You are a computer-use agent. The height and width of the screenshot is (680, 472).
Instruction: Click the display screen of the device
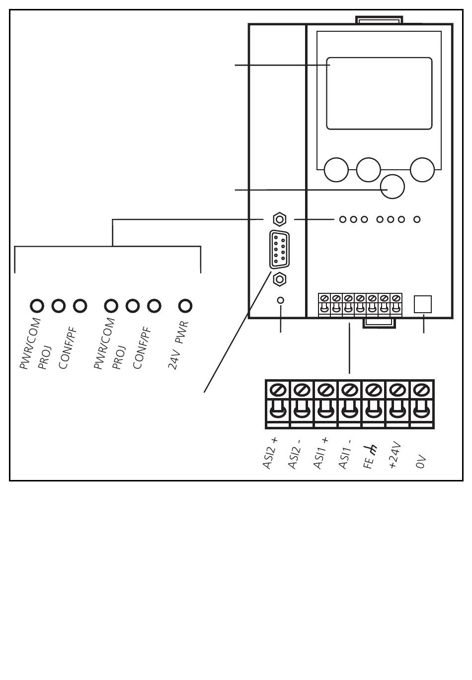click(x=379, y=93)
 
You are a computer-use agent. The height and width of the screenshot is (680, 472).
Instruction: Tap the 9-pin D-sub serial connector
click(x=279, y=250)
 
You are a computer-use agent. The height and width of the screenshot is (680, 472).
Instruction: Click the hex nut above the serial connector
click(x=280, y=219)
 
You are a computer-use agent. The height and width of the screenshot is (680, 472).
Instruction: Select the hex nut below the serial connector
click(x=280, y=279)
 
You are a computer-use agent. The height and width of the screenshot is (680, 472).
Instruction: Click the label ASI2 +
click(x=270, y=453)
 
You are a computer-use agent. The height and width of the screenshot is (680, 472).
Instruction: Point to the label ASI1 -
click(x=345, y=454)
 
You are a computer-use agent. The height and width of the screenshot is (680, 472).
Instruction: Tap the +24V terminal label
click(x=395, y=455)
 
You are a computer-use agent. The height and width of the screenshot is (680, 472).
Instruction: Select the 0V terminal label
click(x=421, y=462)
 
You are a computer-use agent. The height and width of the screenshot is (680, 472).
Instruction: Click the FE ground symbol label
click(x=370, y=457)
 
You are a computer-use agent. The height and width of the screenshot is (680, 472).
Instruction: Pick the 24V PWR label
click(x=178, y=345)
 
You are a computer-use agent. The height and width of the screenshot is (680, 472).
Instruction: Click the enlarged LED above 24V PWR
click(x=185, y=306)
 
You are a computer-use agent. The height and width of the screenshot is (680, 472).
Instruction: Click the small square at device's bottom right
click(x=423, y=304)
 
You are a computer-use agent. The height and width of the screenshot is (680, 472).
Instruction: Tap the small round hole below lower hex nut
click(x=281, y=300)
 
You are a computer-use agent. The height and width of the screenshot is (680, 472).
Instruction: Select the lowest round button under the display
click(x=393, y=187)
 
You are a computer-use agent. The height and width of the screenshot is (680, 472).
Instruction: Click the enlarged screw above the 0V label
click(x=421, y=390)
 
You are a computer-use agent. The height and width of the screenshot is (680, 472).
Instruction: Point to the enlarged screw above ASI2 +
click(x=278, y=390)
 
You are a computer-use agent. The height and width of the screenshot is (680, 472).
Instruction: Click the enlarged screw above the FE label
click(x=374, y=390)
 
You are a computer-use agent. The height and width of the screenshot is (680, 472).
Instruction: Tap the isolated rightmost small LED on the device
click(x=417, y=219)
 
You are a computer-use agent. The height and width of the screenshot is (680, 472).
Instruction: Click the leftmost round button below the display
click(x=336, y=170)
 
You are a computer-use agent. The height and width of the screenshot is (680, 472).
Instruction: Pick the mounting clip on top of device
click(x=379, y=20)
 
